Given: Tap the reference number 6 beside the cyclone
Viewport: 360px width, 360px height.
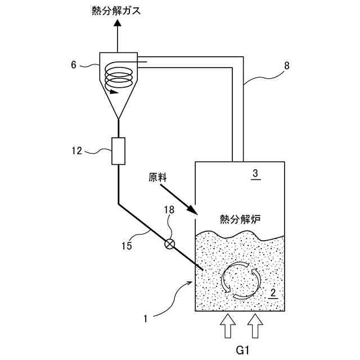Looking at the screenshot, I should [x=74, y=64].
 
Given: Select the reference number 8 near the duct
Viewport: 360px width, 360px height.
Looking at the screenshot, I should [x=287, y=66].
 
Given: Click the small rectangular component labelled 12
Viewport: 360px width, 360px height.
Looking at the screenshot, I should [x=118, y=151].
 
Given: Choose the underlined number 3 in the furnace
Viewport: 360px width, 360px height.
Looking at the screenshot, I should [x=255, y=174].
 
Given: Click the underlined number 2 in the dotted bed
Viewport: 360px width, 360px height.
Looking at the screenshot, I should [x=272, y=292].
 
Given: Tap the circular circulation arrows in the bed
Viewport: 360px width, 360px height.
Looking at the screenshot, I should [x=240, y=279].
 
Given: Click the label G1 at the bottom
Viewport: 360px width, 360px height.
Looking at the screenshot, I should [x=242, y=350].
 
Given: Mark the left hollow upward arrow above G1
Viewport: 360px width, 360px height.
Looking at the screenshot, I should [x=227, y=326].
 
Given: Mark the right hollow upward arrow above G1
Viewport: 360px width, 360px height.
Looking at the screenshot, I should [x=255, y=326].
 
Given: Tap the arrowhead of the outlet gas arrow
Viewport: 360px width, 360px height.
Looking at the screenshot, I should [x=118, y=24].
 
